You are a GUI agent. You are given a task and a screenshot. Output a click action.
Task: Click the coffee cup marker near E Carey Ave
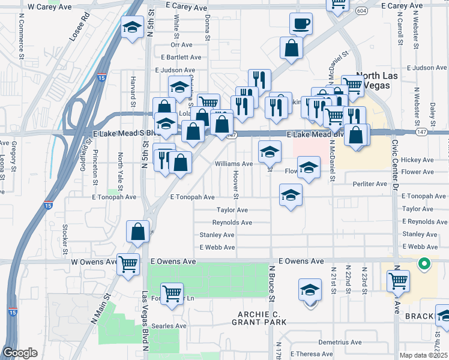(301, 25)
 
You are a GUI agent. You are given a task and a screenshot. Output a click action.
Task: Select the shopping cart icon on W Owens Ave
(128, 264)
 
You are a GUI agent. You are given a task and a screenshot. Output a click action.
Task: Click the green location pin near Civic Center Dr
(424, 263)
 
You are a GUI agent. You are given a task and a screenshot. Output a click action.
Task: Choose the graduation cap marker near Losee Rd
(131, 28)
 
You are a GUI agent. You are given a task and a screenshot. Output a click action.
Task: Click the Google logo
(20, 353)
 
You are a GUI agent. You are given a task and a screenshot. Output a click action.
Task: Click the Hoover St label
(236, 184)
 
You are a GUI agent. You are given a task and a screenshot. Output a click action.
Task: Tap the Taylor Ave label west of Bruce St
(232, 210)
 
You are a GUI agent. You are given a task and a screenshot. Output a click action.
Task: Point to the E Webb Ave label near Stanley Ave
(217, 247)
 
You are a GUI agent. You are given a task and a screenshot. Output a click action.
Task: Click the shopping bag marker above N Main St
(138, 232)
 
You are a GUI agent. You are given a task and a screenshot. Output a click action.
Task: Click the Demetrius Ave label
(340, 342)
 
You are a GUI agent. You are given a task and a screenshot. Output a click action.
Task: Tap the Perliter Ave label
(370, 184)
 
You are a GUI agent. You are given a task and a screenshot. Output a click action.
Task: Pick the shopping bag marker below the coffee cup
(291, 50)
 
